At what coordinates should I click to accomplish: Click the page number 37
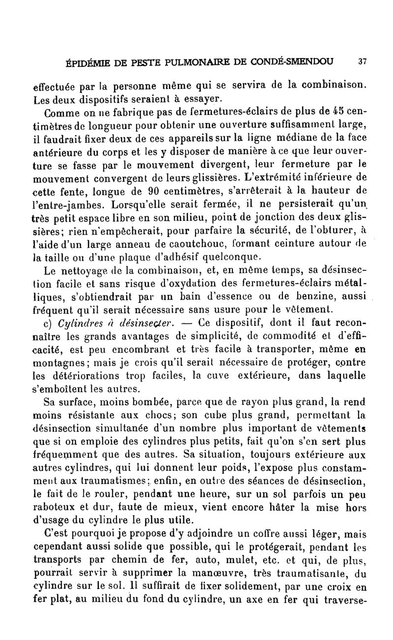(x=363, y=62)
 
